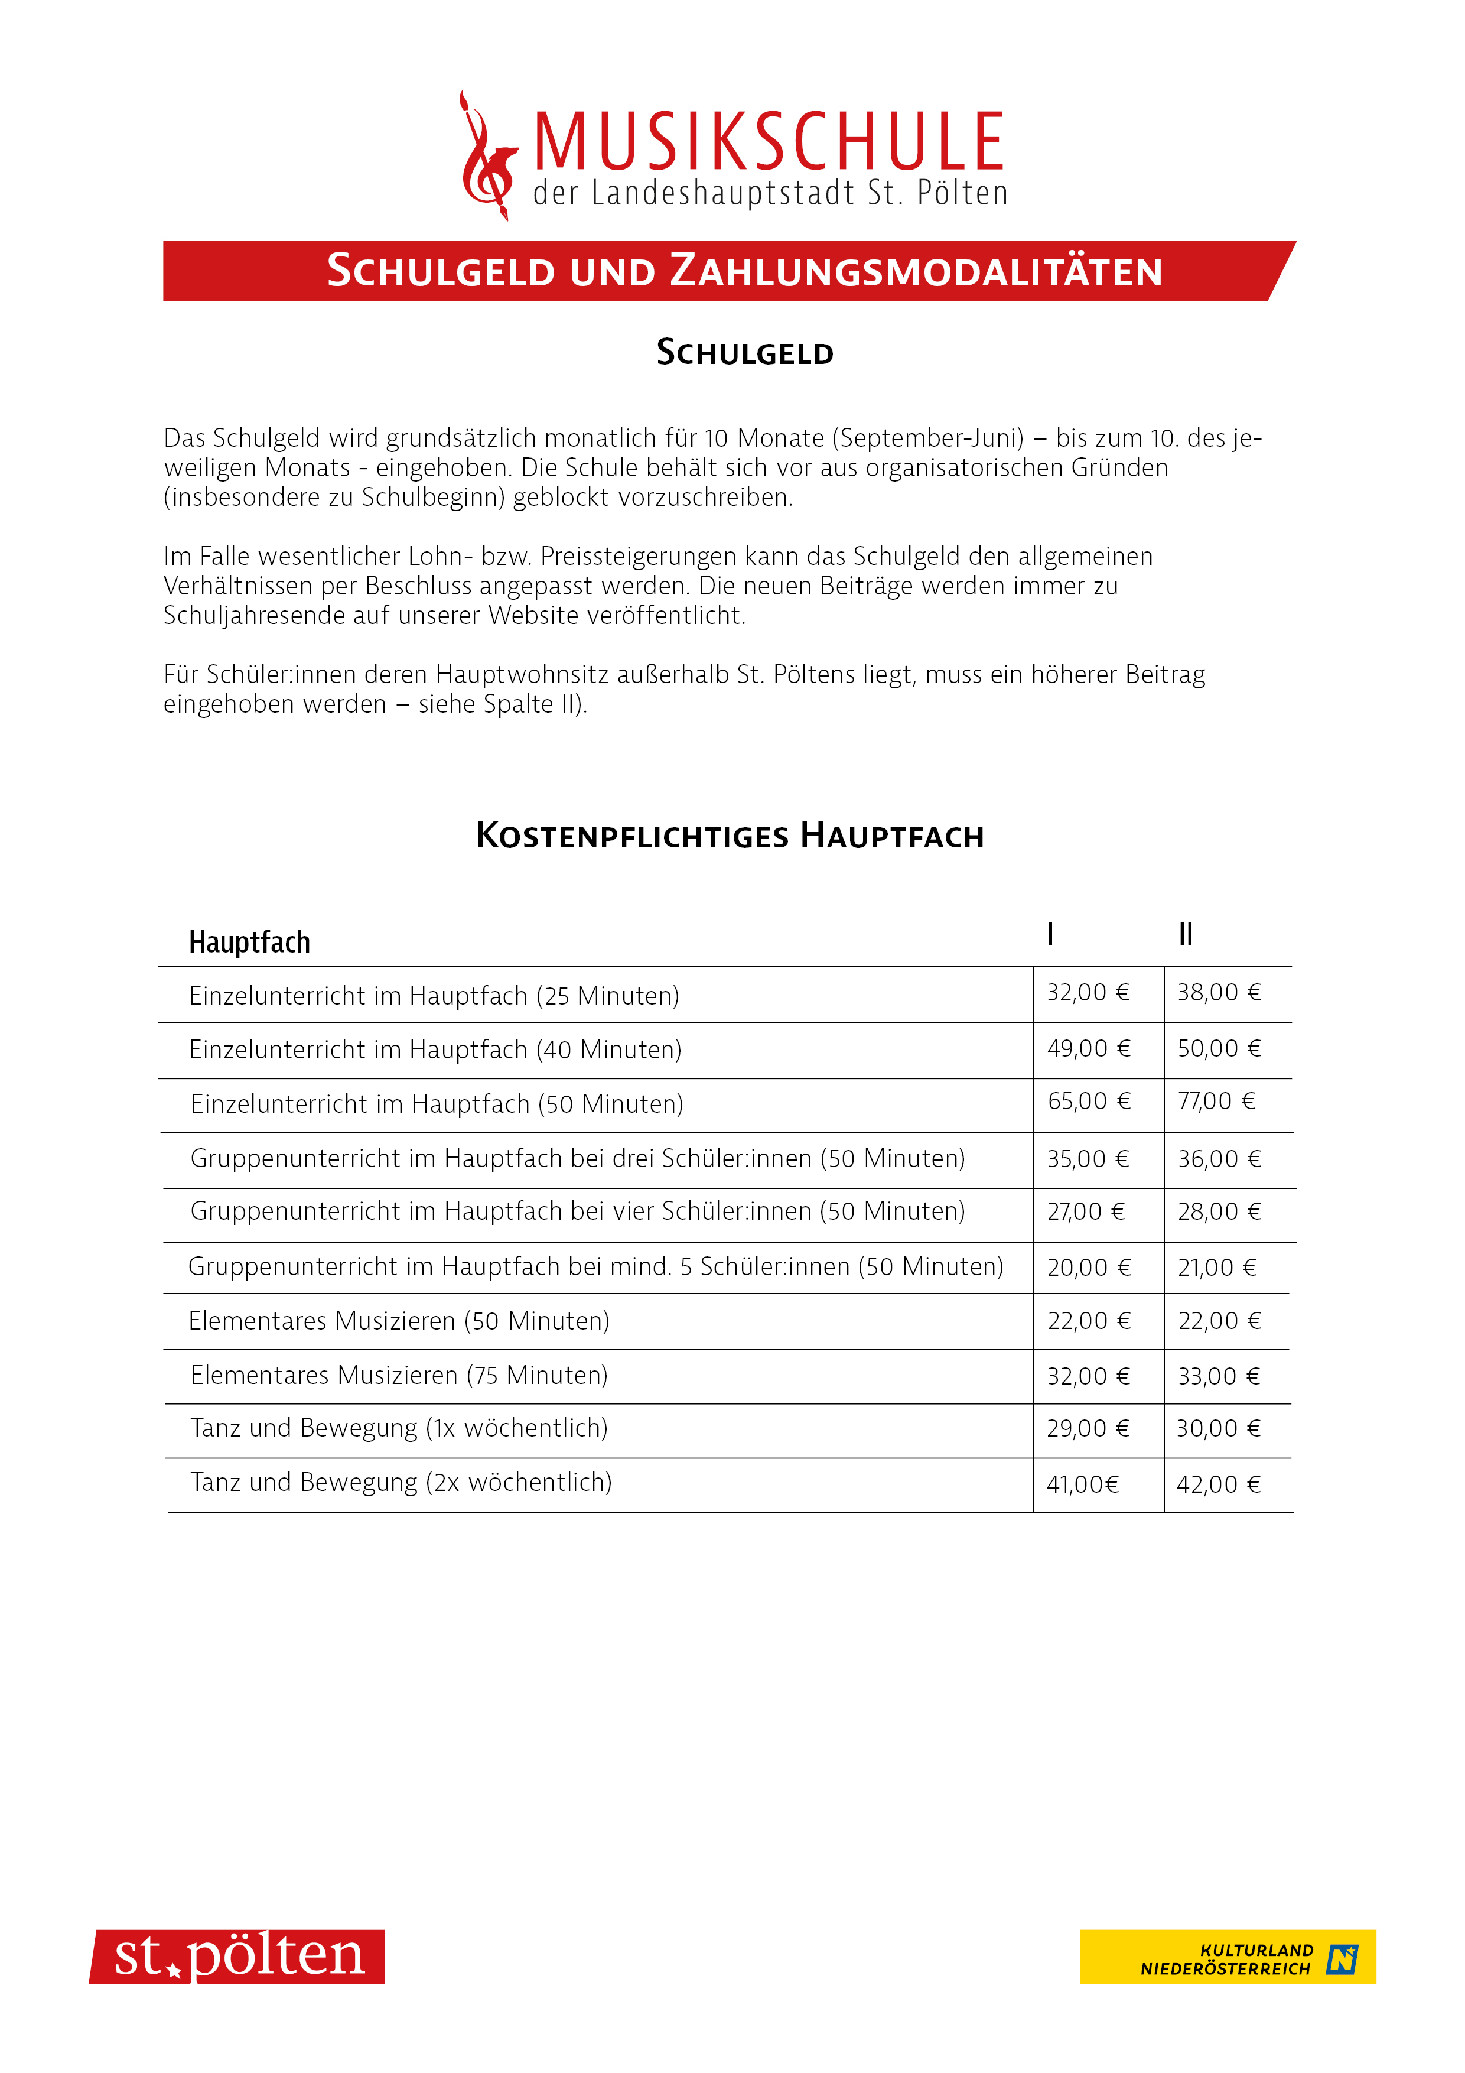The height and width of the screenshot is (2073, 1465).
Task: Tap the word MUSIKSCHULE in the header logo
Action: point(768,142)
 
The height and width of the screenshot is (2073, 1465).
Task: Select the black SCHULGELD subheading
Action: point(745,353)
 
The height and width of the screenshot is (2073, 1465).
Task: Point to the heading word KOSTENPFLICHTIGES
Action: point(632,836)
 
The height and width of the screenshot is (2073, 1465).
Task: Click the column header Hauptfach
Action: point(249,943)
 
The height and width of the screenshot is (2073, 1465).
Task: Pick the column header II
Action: point(1185,934)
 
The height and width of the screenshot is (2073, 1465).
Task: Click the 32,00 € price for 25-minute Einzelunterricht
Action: point(1088,993)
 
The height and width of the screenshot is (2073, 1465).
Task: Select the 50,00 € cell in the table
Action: point(1219,1049)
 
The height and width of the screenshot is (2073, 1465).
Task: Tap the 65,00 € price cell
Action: point(1089,1102)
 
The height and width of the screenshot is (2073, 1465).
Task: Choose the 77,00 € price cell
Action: point(1216,1102)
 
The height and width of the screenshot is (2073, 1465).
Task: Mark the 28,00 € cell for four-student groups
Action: point(1219,1211)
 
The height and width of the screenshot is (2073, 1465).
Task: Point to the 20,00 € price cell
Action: point(1089,1268)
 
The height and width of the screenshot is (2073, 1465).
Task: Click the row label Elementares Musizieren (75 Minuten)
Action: point(399,1376)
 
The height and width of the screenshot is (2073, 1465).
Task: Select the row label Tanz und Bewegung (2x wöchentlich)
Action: point(401,1483)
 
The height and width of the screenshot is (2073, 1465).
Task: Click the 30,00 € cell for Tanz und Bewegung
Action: point(1217,1428)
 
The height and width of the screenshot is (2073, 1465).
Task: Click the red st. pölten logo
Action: point(237,1957)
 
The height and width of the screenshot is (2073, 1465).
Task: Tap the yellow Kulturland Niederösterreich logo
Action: point(1227,1957)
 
